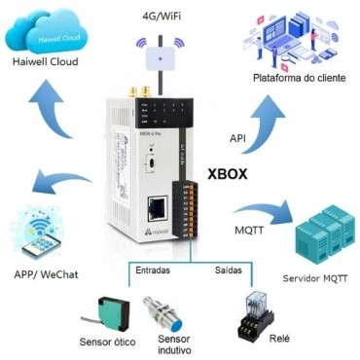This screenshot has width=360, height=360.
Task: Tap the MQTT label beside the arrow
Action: pyautogui.click(x=247, y=231)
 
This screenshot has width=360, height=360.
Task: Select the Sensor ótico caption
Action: pyautogui.click(x=108, y=342)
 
